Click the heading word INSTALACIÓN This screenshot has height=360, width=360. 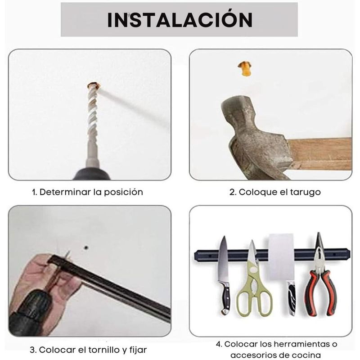point(180,19)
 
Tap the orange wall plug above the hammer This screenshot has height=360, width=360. point(244,68)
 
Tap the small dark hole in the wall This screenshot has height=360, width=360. point(86,248)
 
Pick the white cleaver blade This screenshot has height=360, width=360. point(282,257)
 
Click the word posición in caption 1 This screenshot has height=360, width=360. point(123,192)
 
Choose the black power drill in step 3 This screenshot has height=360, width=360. point(30,312)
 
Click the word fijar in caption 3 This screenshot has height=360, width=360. point(138,351)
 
